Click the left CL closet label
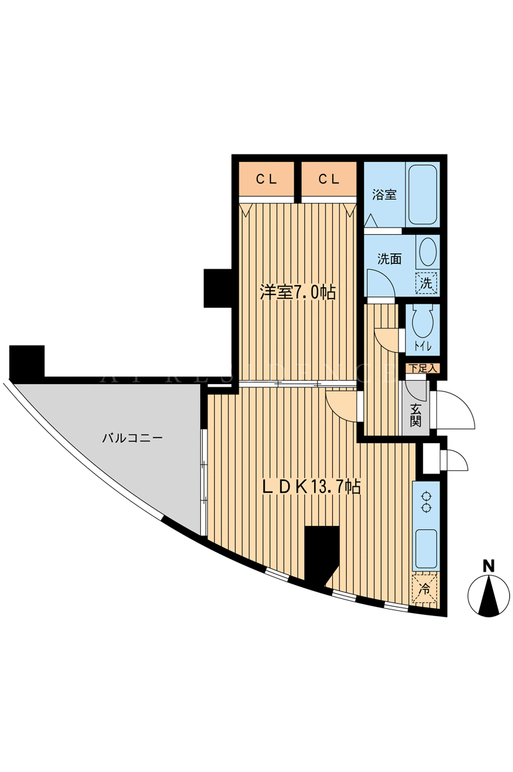point(266,179)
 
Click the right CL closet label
point(329,179)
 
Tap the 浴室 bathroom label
point(384,195)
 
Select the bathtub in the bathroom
point(423,194)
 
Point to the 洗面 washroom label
point(390,259)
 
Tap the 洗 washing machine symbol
point(426,283)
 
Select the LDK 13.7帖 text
point(312,487)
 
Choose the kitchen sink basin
point(426,549)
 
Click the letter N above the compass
point(488,566)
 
